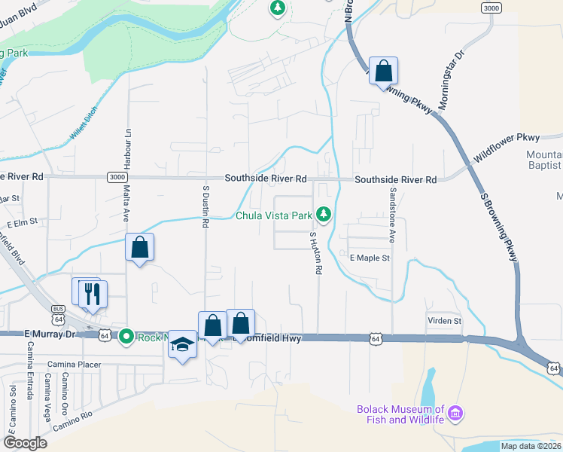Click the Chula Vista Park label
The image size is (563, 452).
point(273,215)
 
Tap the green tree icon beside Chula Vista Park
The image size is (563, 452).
point(324,215)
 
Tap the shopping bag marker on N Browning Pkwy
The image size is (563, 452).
point(383,72)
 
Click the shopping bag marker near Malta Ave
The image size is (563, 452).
point(140,246)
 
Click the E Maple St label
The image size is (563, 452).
point(370,258)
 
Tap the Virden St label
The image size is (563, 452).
point(444,321)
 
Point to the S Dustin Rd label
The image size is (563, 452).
point(205,206)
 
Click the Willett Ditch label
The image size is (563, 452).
point(84,124)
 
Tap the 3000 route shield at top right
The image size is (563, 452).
point(491,8)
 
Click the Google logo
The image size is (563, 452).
point(26,443)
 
